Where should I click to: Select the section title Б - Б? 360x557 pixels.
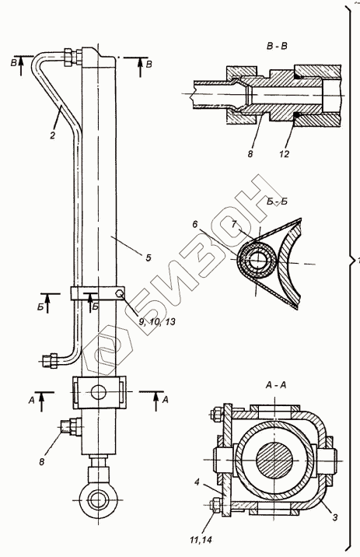pos(277,201)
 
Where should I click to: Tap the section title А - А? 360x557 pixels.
pos(275,385)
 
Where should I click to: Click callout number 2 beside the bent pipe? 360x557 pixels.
pos(53,135)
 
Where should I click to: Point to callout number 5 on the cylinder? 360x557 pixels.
pos(149,257)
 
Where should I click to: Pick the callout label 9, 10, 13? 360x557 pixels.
pos(156,322)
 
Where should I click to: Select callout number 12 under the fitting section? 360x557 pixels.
pos(284,153)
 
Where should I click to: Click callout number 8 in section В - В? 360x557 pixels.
pos(250,154)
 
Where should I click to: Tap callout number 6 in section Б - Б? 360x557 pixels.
pos(195,225)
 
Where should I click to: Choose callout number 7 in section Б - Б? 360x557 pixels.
pos(233,224)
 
